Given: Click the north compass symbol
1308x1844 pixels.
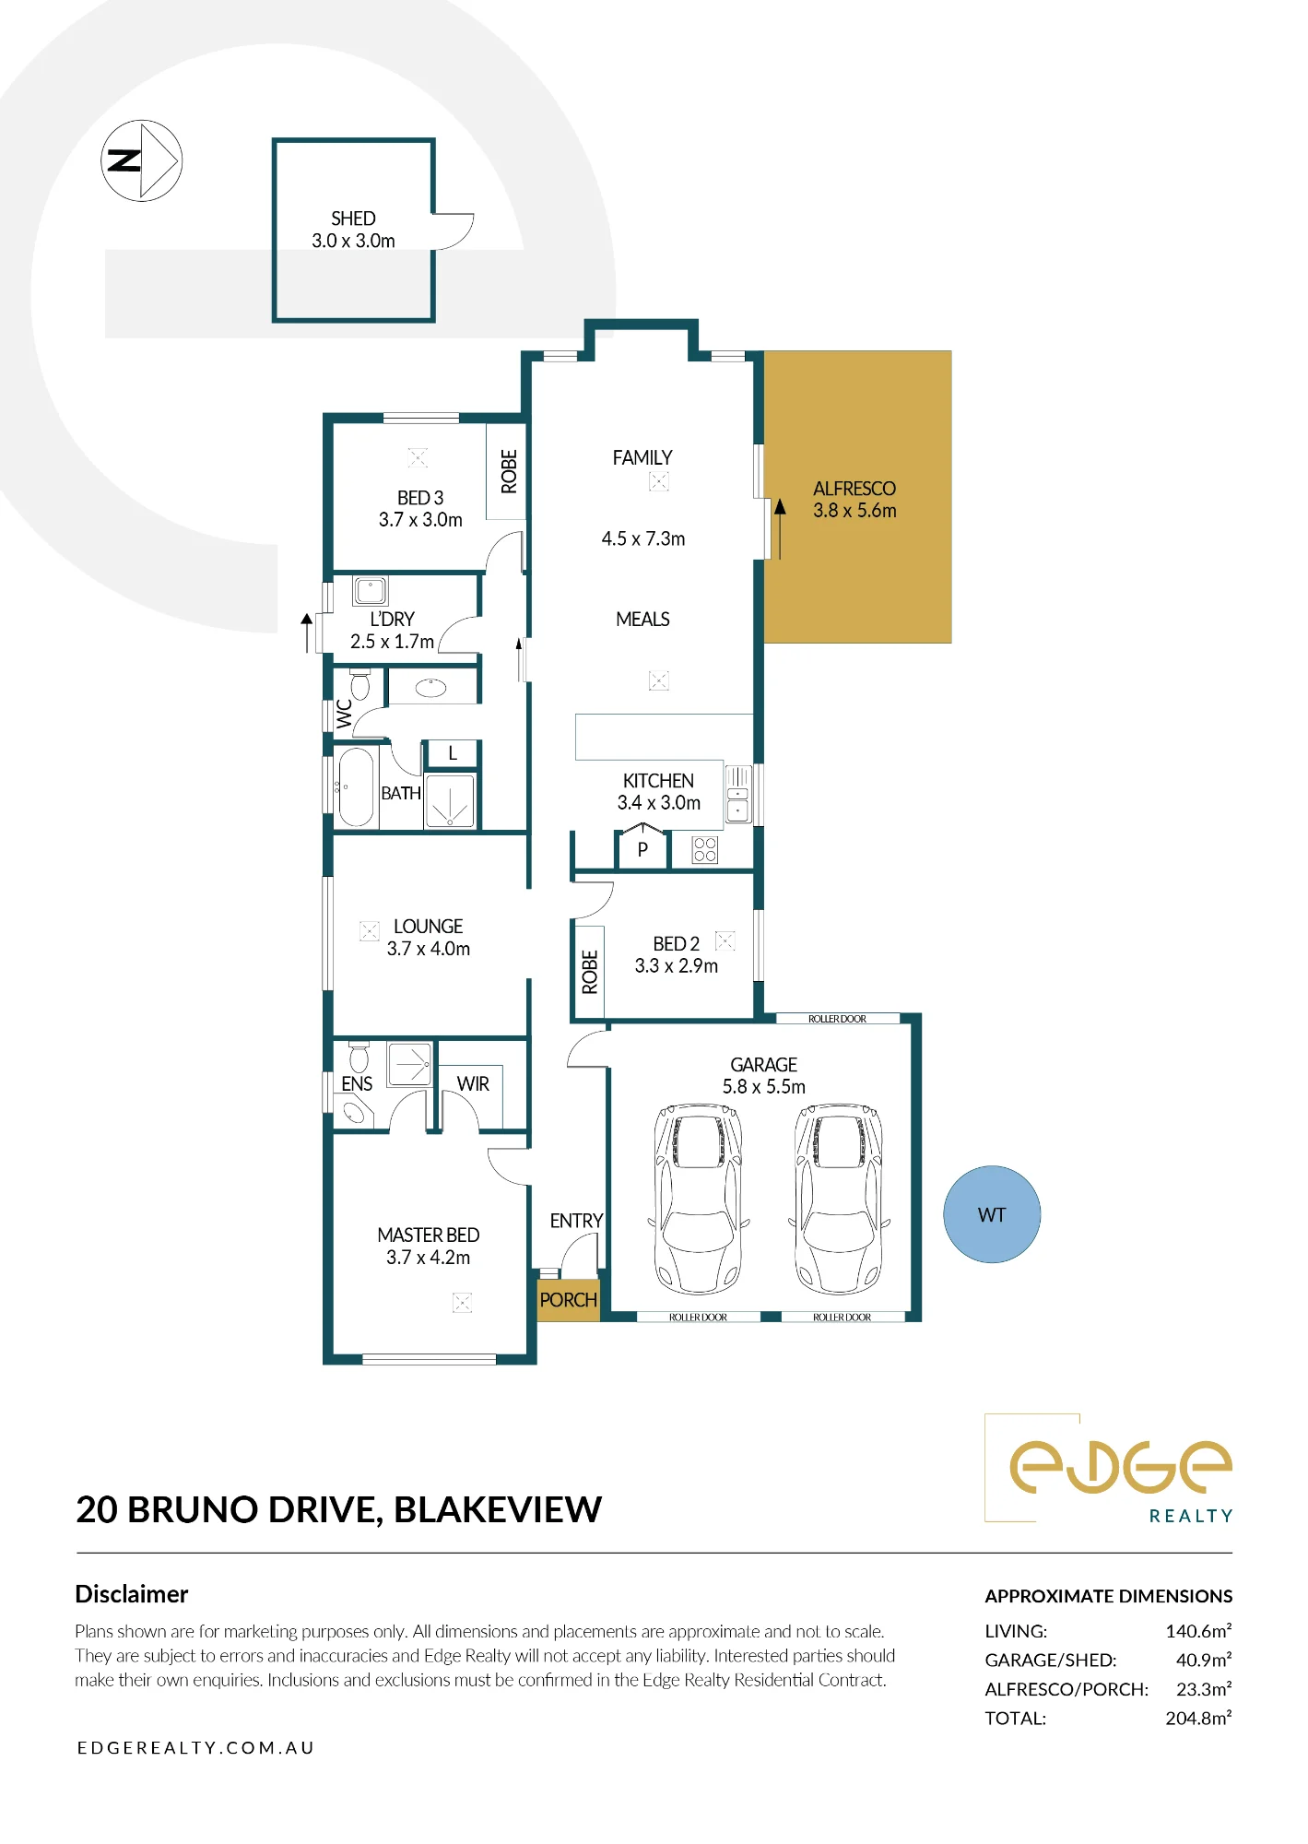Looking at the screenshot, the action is coord(141,160).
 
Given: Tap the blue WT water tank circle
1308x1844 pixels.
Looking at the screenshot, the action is coord(992,1214).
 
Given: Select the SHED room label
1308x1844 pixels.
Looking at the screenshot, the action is coord(353,219).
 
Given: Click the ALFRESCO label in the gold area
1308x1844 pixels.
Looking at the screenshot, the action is coord(854,489).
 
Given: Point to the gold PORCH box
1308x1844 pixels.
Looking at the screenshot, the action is coord(569,1299).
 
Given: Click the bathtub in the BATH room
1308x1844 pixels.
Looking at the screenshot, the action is coord(356,786).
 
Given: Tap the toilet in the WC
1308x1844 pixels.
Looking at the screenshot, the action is coord(359,685).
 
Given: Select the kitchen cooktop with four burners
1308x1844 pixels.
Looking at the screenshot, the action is coord(705,849).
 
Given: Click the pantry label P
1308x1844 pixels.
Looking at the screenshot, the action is coord(642,850).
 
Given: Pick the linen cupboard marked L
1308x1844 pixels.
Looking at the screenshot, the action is coord(452,753).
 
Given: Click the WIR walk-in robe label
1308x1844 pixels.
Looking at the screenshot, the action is coord(473,1084).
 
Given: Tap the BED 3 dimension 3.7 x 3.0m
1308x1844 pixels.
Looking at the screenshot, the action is coord(420,520).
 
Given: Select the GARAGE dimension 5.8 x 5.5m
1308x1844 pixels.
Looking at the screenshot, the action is coord(764,1087).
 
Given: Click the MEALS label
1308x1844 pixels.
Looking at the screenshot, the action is coord(642,620).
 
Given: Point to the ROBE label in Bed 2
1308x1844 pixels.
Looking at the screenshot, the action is coord(590,972).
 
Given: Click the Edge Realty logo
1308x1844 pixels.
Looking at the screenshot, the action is coord(1109,1469).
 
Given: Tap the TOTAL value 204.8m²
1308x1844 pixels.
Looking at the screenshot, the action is coord(1198,1718).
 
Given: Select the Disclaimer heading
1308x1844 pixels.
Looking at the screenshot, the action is coord(132,1594).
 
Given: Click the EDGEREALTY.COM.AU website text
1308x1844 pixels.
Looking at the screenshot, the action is coord(195,1747).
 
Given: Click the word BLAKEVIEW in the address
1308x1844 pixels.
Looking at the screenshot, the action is coord(498,1510).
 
